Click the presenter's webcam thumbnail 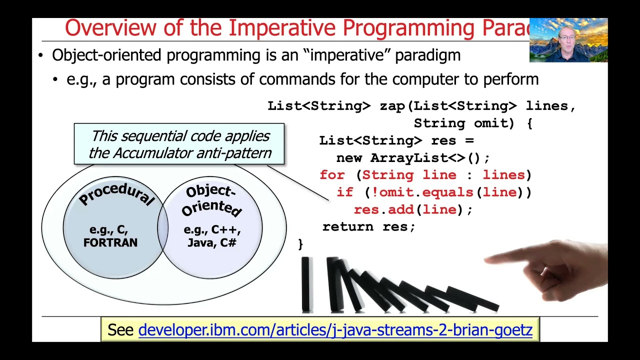point(568,40)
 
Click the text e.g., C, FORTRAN point(110,236)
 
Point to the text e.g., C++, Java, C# point(212,236)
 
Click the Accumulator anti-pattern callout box point(179,144)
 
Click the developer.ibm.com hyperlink point(335,330)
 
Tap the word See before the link point(120,330)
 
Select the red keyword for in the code point(332,175)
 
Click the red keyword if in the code point(344,192)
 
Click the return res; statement point(368,227)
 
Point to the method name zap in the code point(391,106)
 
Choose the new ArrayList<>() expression point(412,158)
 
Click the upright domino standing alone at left point(306,284)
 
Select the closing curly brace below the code point(300,243)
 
